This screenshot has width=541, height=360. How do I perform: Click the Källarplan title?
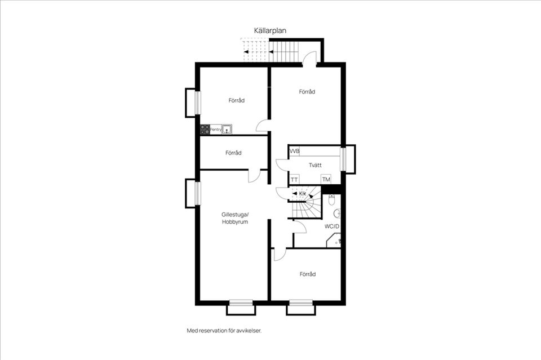[x=270, y=30]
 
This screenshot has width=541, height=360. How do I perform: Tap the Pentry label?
[x=216, y=130]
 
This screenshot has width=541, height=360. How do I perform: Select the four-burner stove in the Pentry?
[x=205, y=130]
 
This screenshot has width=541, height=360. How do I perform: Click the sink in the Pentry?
[x=227, y=130]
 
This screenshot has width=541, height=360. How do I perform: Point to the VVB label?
[x=295, y=151]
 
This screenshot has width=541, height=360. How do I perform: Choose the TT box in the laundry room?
[x=294, y=180]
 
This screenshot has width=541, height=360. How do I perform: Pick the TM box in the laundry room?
[x=326, y=179]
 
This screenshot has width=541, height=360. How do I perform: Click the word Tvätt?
[x=315, y=165]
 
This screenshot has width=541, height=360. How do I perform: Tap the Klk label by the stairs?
[x=303, y=194]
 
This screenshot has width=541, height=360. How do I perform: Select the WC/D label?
[x=332, y=226]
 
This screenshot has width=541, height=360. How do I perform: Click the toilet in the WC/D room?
[x=332, y=199]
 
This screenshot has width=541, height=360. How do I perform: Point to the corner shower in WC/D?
[x=334, y=241]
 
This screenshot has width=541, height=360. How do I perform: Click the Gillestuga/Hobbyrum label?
[x=235, y=218]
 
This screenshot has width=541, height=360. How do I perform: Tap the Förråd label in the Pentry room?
[x=236, y=100]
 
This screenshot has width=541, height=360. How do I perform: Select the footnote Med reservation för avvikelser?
[x=224, y=331]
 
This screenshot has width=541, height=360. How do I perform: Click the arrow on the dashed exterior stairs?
[x=246, y=52]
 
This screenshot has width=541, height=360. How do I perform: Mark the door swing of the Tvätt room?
[x=282, y=165]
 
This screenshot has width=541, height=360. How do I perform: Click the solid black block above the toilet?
[x=331, y=190]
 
